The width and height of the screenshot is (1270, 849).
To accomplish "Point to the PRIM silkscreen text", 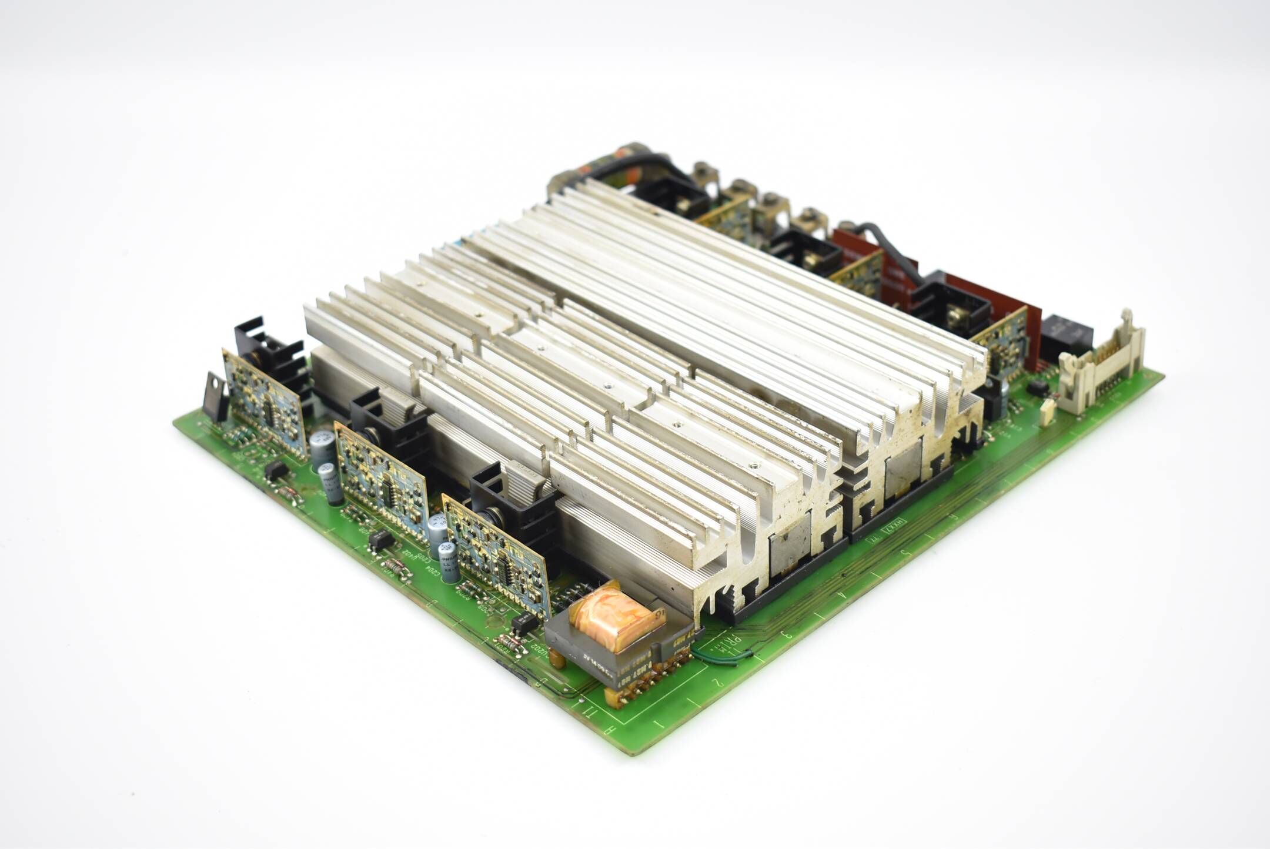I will [x=721, y=640].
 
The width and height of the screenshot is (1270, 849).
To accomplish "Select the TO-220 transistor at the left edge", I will [x=215, y=397].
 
